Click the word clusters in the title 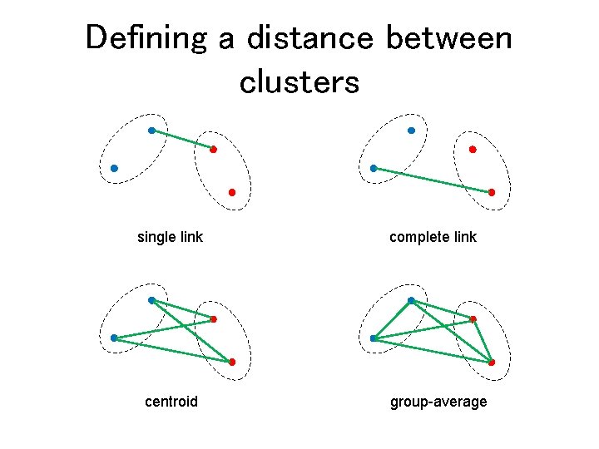point(299,81)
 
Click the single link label point(170,237)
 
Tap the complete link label point(433,237)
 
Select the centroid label point(171,402)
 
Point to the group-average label point(438,402)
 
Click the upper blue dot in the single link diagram point(151,131)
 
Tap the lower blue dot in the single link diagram point(114,168)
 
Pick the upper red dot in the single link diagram point(213,150)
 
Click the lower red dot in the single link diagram point(232,192)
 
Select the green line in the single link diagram point(182,140)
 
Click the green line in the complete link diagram point(433,180)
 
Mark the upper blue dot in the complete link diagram point(411,131)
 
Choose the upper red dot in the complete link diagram point(473,150)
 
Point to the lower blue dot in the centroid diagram point(114,338)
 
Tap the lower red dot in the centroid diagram point(232,362)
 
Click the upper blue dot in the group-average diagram point(411,300)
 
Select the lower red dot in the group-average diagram point(492,362)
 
